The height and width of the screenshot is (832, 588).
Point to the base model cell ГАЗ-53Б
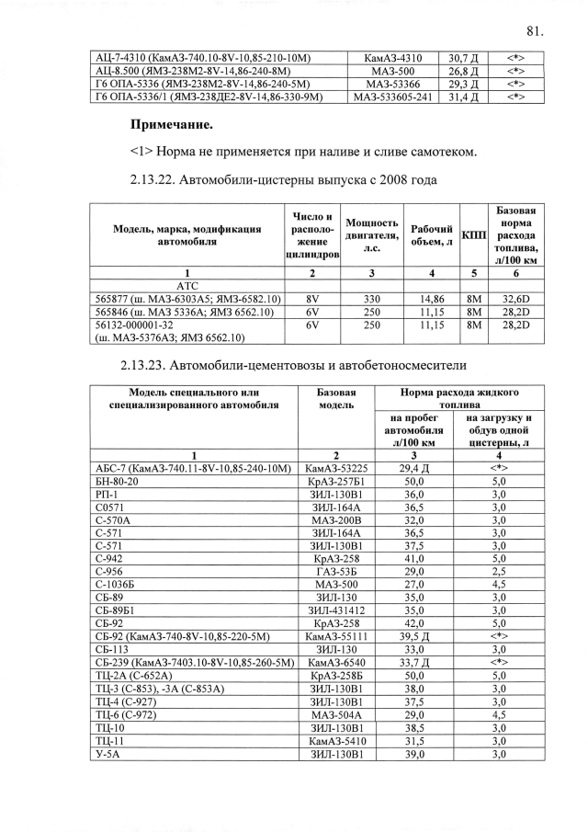click(335, 570)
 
